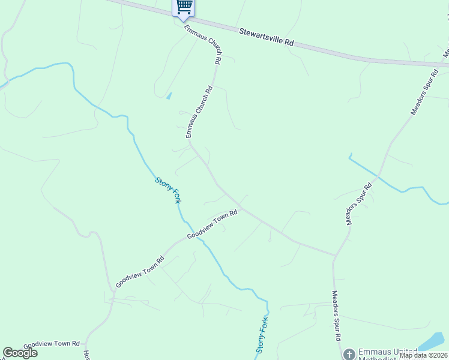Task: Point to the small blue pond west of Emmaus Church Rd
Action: pyautogui.click(x=169, y=95)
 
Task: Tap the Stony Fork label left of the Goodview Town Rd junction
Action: pyautogui.click(x=168, y=190)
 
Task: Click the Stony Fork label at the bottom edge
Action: pyautogui.click(x=262, y=335)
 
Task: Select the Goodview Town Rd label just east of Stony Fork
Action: pyautogui.click(x=212, y=224)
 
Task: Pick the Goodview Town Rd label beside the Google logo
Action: pyautogui.click(x=52, y=344)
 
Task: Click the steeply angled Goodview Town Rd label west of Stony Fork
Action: pyautogui.click(x=140, y=273)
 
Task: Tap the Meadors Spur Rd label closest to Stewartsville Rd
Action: pyautogui.click(x=426, y=92)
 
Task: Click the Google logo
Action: pyautogui.click(x=20, y=353)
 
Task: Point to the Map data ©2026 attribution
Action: pyautogui.click(x=423, y=355)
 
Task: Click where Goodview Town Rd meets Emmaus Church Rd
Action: pyautogui.click(x=241, y=209)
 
